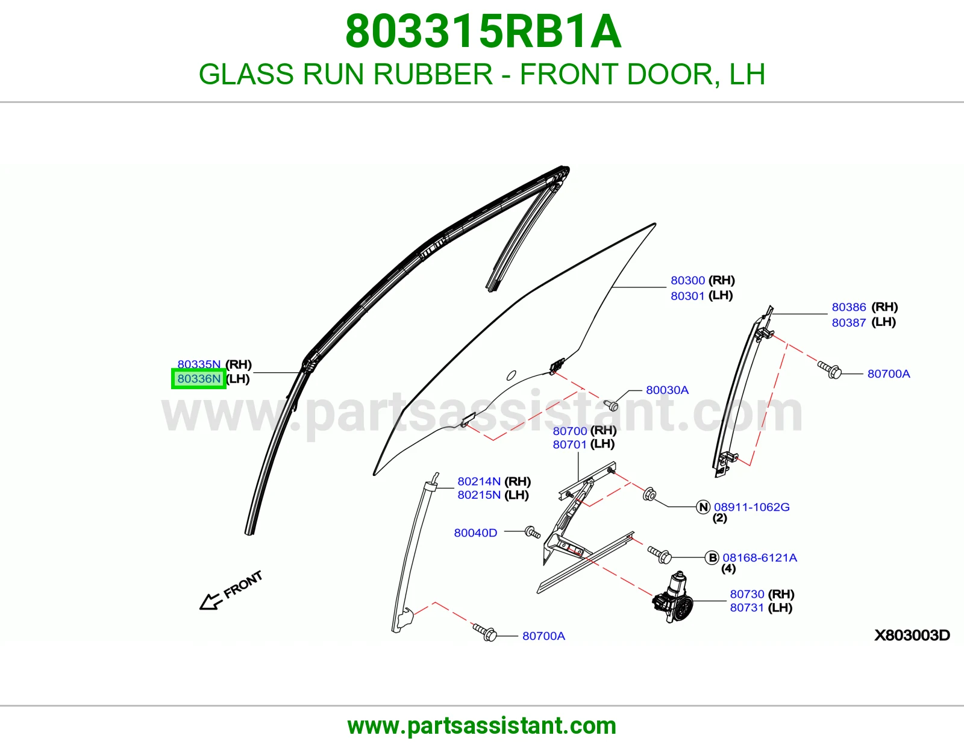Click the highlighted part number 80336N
pos(199,379)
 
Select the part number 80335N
pos(199,364)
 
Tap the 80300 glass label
pos(687,280)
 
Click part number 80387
pos(849,322)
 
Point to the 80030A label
pos(667,390)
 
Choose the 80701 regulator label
pos(569,444)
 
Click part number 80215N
pos(479,495)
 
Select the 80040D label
pos(475,533)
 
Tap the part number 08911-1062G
pos(751,507)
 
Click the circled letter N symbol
pos(703,507)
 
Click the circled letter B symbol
pos(712,558)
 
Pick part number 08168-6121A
pos(760,558)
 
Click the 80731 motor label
pos(747,607)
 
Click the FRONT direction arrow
pos(210,601)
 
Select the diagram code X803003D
pos(912,635)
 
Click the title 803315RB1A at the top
pos(483,31)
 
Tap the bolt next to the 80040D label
pos(533,533)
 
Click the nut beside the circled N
pos(649,494)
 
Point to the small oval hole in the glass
pos(512,375)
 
